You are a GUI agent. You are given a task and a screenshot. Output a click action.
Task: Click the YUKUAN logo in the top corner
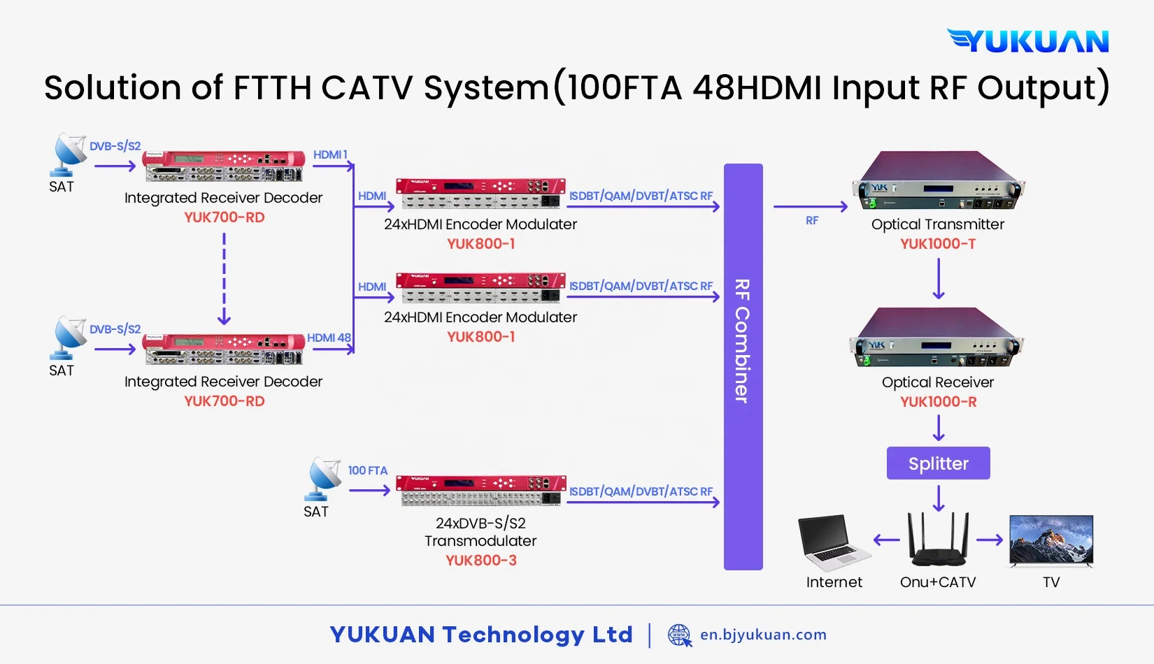pyautogui.click(x=1028, y=41)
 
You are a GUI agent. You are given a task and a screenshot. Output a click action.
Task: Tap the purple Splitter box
pyautogui.click(x=938, y=463)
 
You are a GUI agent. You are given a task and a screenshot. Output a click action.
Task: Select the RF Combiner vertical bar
pyautogui.click(x=743, y=366)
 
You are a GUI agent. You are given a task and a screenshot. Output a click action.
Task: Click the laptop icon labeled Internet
pyautogui.click(x=834, y=542)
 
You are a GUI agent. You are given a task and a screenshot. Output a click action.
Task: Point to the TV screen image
pyautogui.click(x=1051, y=540)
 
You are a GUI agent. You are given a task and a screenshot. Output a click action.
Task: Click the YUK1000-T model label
pyautogui.click(x=938, y=244)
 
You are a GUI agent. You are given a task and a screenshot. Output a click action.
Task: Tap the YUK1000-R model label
pyautogui.click(x=938, y=402)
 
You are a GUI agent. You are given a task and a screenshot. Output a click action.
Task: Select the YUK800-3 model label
pyautogui.click(x=481, y=561)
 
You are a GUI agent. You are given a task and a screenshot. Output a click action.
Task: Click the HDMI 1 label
pyautogui.click(x=330, y=154)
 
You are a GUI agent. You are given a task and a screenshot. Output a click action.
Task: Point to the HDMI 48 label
pyautogui.click(x=329, y=338)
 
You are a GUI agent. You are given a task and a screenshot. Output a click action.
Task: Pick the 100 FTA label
pyautogui.click(x=368, y=470)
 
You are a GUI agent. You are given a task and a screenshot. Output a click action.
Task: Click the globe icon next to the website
pyautogui.click(x=679, y=635)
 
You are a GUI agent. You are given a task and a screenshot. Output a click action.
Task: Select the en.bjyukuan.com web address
pyautogui.click(x=763, y=635)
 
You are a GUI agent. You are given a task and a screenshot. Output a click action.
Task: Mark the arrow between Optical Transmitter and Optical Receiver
pyautogui.click(x=939, y=279)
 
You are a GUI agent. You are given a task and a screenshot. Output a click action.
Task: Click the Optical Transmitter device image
pyautogui.click(x=938, y=181)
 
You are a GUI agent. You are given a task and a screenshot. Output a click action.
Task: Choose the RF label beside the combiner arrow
pyautogui.click(x=811, y=221)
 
